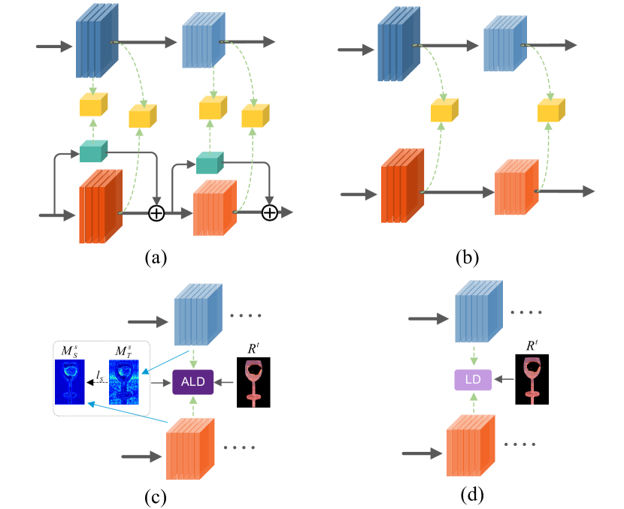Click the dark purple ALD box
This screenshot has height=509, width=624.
pyautogui.click(x=193, y=381)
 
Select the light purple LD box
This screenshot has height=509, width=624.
pyautogui.click(x=473, y=380)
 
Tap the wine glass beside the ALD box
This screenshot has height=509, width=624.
pyautogui.click(x=253, y=382)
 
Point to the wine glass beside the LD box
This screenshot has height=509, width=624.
pyautogui.click(x=532, y=379)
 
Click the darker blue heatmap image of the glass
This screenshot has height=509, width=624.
pyautogui.click(x=70, y=381)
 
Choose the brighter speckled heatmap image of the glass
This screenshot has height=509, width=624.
pyautogui.click(x=124, y=381)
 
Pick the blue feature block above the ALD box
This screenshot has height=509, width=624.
pyautogui.click(x=198, y=314)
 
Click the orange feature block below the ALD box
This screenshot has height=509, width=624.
pyautogui.click(x=189, y=448)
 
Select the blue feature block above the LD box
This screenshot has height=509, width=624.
pyautogui.click(x=478, y=312)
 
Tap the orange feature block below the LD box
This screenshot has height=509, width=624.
pyautogui.click(x=470, y=445)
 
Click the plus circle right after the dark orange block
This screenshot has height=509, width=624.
pyautogui.click(x=156, y=213)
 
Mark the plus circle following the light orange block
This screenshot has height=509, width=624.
pyautogui.click(x=270, y=213)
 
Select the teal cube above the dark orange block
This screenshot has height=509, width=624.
pyautogui.click(x=93, y=151)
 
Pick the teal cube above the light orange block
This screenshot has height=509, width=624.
pyautogui.click(x=209, y=162)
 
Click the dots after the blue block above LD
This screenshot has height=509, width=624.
pyautogui.click(x=526, y=312)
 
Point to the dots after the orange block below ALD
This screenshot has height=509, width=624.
pyautogui.click(x=239, y=447)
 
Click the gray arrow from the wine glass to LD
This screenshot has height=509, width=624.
pyautogui.click(x=504, y=379)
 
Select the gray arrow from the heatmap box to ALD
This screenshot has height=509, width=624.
pyautogui.click(x=161, y=382)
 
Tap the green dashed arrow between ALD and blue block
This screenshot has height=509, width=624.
pyautogui.click(x=193, y=358)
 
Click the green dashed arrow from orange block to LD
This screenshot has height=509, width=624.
pyautogui.click(x=473, y=402)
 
